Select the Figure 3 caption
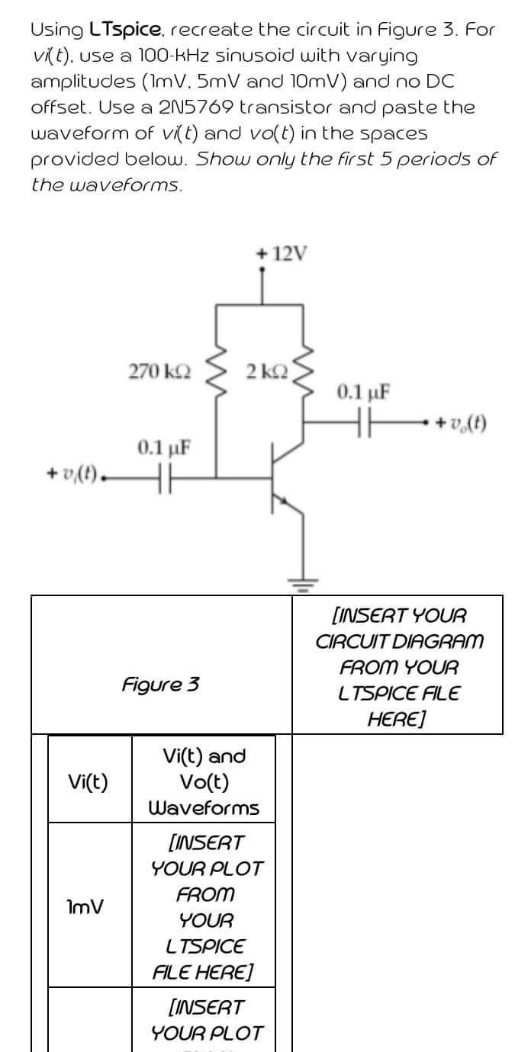pyautogui.click(x=161, y=683)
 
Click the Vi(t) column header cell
pyautogui.click(x=88, y=781)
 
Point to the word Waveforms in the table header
pyautogui.click(x=204, y=807)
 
